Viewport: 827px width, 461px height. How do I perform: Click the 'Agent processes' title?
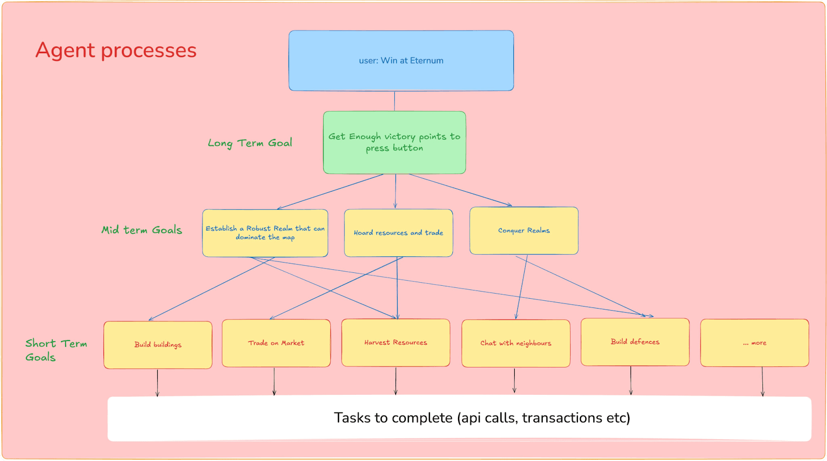coord(116,51)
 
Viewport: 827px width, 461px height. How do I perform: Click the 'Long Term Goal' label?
coord(250,143)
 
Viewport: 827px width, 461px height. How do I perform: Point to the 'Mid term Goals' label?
coord(142,230)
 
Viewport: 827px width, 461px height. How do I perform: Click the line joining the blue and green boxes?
coord(394,101)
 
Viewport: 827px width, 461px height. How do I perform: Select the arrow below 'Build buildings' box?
coord(158,382)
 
